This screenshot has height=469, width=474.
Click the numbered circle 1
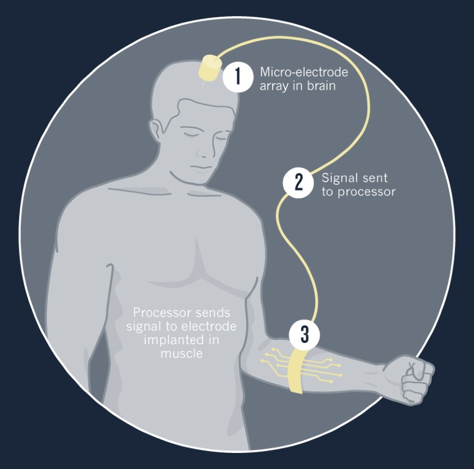pos(238,77)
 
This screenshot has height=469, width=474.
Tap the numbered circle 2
pos(298,182)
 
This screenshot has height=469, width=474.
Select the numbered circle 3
pos(305,335)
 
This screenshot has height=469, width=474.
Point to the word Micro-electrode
pos(304,72)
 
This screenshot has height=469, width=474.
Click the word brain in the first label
pos(321,86)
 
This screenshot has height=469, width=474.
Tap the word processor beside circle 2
pos(366,192)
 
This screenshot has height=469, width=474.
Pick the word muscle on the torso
pos(181,353)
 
